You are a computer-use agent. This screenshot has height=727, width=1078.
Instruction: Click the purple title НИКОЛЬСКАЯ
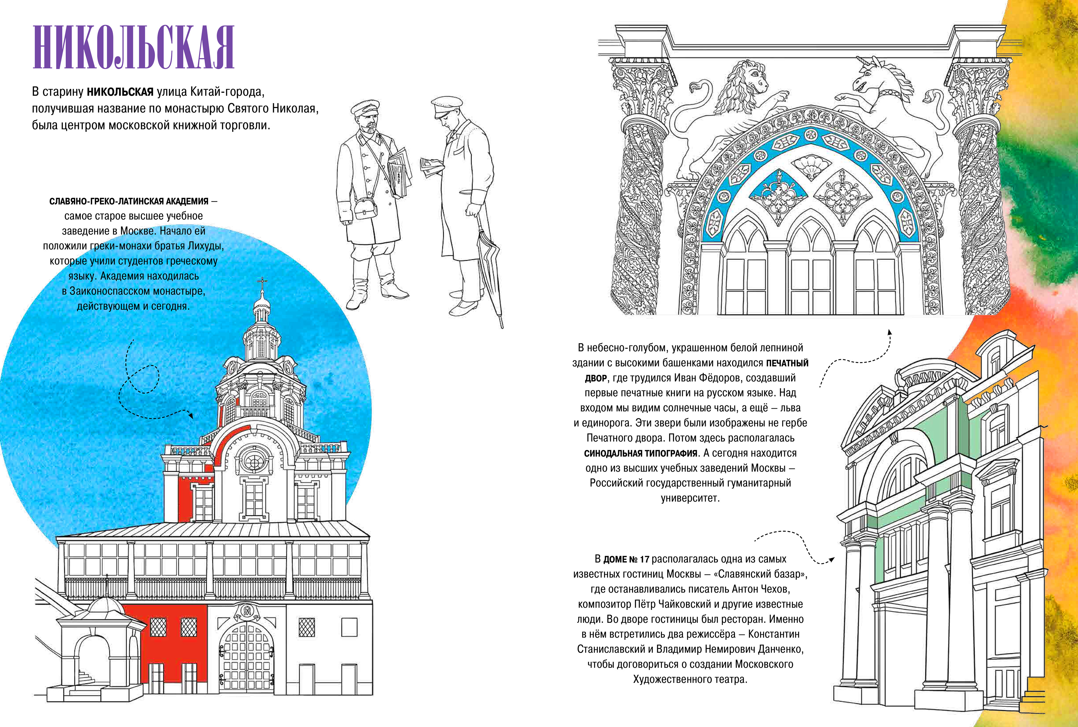click(134, 48)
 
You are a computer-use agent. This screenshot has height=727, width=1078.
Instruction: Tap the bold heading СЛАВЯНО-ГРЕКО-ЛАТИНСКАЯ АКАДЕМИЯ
click(129, 201)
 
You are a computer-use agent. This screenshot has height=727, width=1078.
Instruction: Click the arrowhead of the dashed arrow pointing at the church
click(191, 415)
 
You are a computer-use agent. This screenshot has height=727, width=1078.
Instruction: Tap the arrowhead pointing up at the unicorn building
click(889, 332)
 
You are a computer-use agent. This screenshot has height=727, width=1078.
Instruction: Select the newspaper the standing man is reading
click(431, 167)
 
